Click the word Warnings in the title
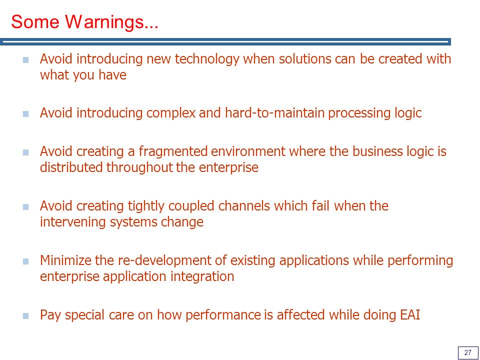coord(111,22)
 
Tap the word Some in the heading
coord(35,21)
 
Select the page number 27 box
coord(468,352)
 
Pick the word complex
coord(171,113)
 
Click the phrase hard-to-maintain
coord(274,113)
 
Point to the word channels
coord(244,205)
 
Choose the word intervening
coord(73,222)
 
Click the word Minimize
coord(65,260)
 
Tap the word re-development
coord(172,260)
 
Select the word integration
coord(202,276)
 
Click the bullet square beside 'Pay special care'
coord(25,316)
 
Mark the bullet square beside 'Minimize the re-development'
coord(25,261)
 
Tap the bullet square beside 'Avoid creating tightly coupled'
coord(25,207)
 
